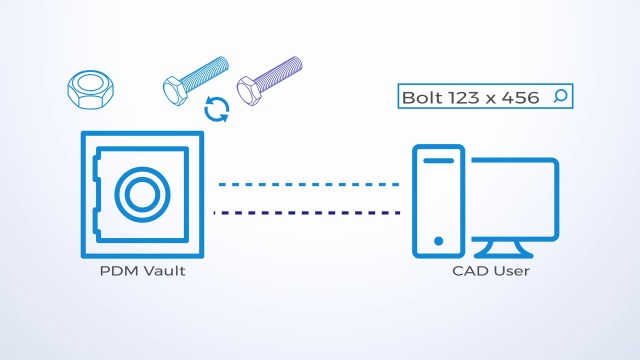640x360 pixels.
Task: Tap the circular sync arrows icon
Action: click(216, 109)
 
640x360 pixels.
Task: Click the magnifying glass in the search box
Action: click(561, 97)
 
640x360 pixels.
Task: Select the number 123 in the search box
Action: click(461, 97)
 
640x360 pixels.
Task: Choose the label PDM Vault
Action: click(138, 271)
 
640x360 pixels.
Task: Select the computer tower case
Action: click(439, 200)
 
